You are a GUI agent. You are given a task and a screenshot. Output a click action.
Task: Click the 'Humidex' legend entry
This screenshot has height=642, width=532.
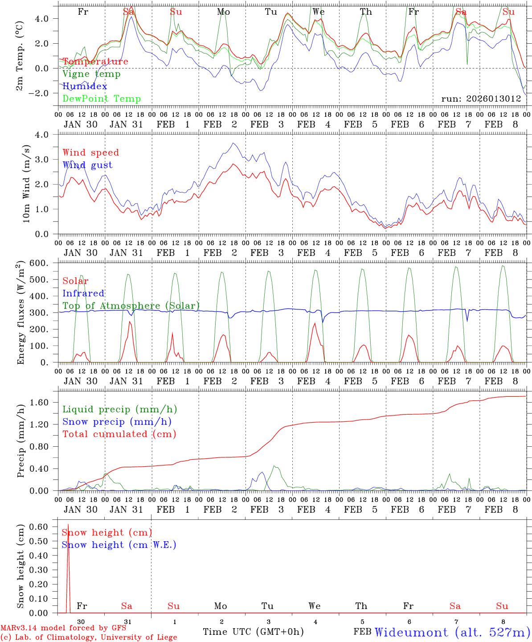tap(85, 86)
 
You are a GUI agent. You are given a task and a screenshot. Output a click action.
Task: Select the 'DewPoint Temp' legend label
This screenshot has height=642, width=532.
tap(102, 99)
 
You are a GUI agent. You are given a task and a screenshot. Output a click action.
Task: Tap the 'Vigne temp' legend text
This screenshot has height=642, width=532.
tap(91, 74)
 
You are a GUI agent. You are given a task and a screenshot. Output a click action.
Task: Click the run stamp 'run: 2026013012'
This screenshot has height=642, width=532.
tap(481, 99)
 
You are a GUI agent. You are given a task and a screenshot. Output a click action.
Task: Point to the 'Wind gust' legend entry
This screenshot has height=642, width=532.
tap(87, 165)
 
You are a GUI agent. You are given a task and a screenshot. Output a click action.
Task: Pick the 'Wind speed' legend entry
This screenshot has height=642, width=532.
tap(91, 152)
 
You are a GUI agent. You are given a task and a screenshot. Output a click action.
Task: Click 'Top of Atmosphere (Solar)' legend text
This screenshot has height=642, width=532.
tap(131, 306)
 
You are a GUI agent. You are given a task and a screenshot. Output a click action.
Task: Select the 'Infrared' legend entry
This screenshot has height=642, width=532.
tap(83, 293)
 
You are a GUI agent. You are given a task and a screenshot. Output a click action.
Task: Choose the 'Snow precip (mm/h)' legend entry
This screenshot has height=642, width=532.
tap(117, 422)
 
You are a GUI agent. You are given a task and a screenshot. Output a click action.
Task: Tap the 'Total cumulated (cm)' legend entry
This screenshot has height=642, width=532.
tap(119, 434)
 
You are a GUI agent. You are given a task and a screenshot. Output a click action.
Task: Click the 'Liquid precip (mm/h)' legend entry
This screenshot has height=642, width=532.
tap(119, 409)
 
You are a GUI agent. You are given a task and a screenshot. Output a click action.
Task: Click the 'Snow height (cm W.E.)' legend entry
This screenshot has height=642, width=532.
tap(119, 545)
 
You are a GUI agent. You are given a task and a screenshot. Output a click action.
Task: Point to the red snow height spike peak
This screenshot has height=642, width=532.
tap(68, 525)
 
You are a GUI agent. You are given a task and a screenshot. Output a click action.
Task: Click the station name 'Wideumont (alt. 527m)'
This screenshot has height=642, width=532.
tap(452, 632)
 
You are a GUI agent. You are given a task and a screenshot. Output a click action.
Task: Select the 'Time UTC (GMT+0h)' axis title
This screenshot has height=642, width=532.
tap(253, 632)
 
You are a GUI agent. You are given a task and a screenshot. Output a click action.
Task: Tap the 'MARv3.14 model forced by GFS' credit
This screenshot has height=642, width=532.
tap(63, 628)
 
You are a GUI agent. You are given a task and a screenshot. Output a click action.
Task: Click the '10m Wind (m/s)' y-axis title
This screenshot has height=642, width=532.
tap(26, 184)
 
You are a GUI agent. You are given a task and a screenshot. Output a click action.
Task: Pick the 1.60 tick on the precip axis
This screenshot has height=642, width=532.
tap(45, 403)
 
